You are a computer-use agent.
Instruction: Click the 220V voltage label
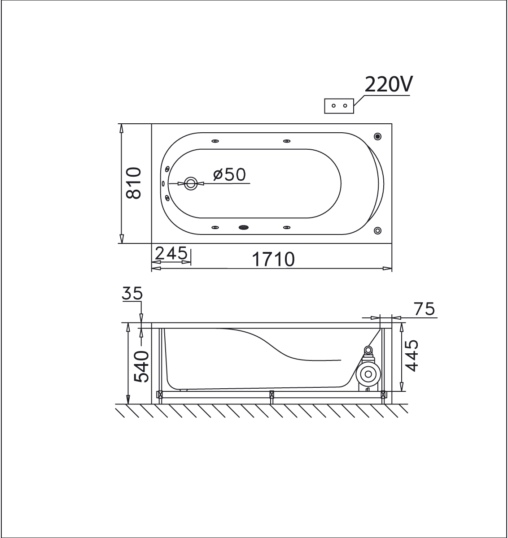[x=388, y=84]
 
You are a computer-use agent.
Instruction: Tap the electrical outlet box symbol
[x=339, y=106]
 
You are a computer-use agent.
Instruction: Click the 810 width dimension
[x=134, y=183]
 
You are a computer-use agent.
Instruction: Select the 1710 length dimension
[x=273, y=260]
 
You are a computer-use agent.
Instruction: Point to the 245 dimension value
[x=171, y=253]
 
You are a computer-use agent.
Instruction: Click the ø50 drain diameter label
[x=229, y=174]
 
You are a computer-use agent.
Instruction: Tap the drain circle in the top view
[x=191, y=184]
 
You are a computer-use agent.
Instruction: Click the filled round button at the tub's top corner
[x=377, y=136]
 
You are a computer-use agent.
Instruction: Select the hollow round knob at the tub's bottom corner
[x=377, y=230]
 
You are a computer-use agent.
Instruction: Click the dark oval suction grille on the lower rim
[x=244, y=227]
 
